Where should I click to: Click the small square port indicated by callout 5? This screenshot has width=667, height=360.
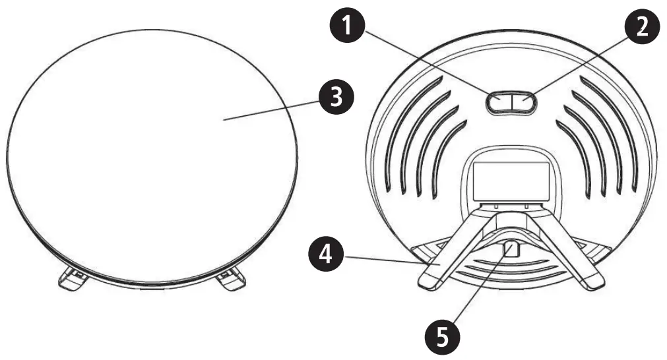pyautogui.click(x=511, y=249)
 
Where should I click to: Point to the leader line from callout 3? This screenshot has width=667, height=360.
pyautogui.click(x=270, y=110)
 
